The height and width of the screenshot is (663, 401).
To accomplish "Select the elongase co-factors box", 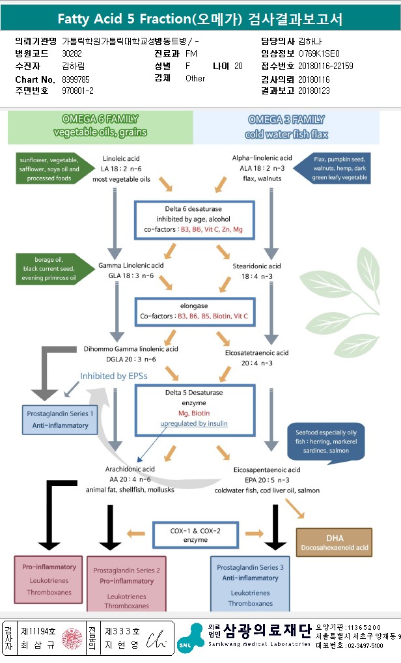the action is point(195,311).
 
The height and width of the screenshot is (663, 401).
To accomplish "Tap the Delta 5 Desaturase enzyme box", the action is point(195,410).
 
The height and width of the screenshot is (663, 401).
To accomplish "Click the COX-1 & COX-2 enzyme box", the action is point(196,535).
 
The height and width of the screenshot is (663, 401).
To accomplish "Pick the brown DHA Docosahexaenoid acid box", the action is point(334,542).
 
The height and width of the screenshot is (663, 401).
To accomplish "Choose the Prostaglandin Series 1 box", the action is point(60,419).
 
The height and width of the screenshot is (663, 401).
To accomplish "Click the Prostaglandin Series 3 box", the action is point(250,584).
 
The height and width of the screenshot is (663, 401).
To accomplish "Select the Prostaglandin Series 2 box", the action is point(126,584).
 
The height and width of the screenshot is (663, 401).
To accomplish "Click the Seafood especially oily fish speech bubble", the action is point(325,442).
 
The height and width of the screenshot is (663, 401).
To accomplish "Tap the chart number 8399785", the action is point(76,79).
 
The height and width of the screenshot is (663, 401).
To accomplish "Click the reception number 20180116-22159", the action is point(325,66).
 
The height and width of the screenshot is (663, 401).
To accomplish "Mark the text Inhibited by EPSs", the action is point(114,376).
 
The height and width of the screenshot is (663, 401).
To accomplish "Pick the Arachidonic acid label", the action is point(130,469).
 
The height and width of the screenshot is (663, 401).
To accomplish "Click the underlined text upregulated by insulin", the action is point(194,423).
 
